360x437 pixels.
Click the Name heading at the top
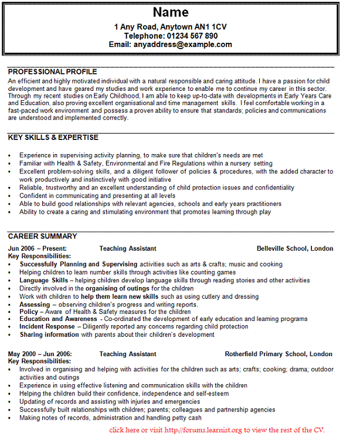pos(171,12)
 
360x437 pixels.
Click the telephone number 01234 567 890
pos(192,36)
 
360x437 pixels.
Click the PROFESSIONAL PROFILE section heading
pos(53,71)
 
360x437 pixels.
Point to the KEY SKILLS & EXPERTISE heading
pos(53,138)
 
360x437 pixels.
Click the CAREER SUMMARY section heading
pos(42,237)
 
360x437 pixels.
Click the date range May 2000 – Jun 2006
pos(40,354)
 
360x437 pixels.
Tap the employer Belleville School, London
pos(294,248)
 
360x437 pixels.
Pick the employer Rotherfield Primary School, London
pos(279,354)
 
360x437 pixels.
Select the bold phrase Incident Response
pos(47,327)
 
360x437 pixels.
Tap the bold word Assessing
pos(35,305)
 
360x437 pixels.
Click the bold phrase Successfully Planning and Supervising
pos(78,265)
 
